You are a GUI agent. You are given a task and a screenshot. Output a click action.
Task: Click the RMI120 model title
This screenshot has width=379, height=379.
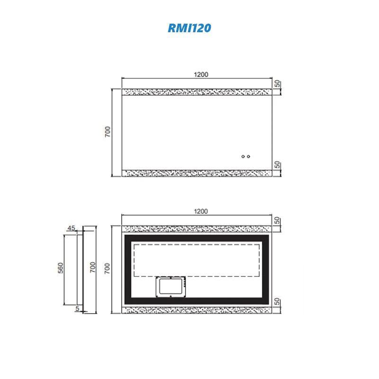click(x=189, y=28)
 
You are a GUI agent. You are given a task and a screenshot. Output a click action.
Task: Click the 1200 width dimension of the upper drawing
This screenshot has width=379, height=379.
click(x=201, y=74)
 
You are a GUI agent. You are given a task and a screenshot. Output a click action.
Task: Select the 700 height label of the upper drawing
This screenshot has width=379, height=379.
click(x=108, y=132)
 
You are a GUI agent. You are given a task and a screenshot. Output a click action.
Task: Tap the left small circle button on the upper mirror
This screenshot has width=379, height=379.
click(x=243, y=156)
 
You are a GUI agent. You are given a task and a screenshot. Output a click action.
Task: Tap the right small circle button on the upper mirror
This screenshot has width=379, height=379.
click(x=248, y=156)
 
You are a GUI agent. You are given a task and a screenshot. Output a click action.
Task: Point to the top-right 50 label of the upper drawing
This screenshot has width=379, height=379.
click(x=278, y=83)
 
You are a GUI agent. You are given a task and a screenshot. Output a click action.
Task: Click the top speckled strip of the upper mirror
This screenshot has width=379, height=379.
click(x=197, y=92)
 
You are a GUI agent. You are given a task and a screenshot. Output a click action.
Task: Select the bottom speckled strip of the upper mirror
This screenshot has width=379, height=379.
click(x=197, y=173)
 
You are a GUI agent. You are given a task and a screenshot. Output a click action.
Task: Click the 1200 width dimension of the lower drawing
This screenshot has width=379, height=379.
click(x=201, y=211)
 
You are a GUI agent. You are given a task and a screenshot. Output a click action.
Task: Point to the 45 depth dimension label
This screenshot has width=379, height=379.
click(x=71, y=228)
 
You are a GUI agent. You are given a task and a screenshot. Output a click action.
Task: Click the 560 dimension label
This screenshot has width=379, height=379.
click(x=60, y=269)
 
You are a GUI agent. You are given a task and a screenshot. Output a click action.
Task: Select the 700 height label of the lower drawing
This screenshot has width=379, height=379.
click(x=108, y=269)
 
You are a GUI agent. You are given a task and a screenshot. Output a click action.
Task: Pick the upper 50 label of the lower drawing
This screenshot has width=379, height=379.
click(x=278, y=221)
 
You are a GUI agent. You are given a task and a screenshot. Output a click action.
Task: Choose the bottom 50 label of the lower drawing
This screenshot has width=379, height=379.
click(x=278, y=302)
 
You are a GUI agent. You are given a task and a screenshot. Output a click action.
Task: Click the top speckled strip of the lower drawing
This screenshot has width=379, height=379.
click(x=197, y=229)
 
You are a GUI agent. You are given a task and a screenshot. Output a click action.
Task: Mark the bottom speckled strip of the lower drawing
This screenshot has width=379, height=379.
click(x=197, y=310)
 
